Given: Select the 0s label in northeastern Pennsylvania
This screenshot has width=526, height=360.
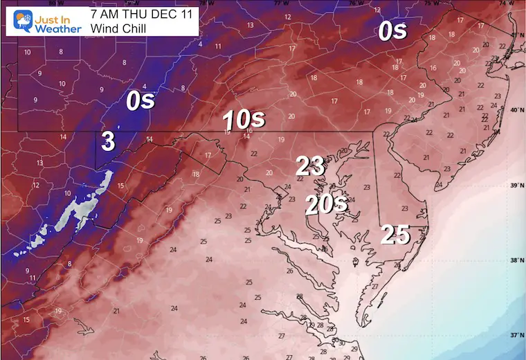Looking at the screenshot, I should tap(392, 30).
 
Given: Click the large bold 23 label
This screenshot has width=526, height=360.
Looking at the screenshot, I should tap(310, 166).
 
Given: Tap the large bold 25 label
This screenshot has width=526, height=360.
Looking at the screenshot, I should tap(396, 235).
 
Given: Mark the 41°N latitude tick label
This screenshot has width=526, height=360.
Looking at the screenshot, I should tap(514, 35).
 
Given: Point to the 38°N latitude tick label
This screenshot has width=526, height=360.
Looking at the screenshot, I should tap(514, 260).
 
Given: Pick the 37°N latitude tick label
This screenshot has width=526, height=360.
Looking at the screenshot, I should tap(514, 334).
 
